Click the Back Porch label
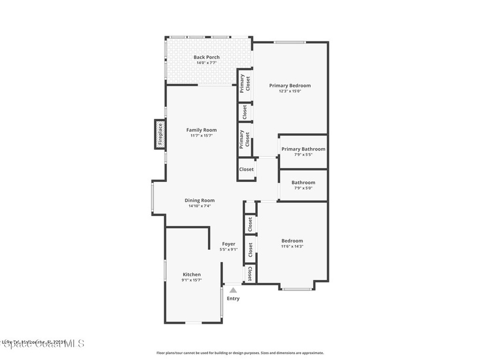[x=207, y=57]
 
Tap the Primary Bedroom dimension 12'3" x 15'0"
[x=289, y=91]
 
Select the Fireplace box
[x=160, y=135]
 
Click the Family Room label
[x=202, y=130]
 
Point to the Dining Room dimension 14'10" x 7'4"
[x=199, y=206]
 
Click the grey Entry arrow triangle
[x=233, y=291]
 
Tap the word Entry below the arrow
[x=233, y=299]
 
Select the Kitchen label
[x=192, y=274]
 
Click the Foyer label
[x=229, y=244]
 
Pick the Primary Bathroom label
[x=303, y=149]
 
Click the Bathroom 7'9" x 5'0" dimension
[x=303, y=188]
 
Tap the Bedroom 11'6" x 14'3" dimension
[x=292, y=246]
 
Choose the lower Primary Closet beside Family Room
[x=245, y=139]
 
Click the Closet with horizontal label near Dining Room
[x=247, y=170]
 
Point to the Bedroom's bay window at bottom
[x=297, y=289]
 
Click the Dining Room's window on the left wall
[x=152, y=197]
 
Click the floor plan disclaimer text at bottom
[x=240, y=353]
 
